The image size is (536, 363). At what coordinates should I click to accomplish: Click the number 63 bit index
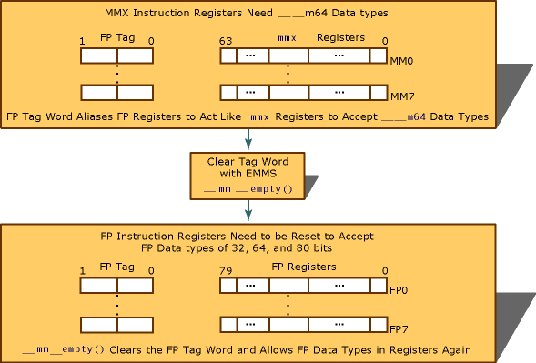click(227, 41)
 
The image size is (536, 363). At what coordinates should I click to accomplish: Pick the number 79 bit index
click(227, 268)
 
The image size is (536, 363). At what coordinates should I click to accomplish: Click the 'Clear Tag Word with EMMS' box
click(247, 176)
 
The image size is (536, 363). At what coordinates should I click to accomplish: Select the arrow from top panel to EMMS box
click(247, 138)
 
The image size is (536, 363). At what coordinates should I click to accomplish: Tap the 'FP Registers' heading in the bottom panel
click(305, 267)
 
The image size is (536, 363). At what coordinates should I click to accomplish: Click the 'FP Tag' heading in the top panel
click(116, 40)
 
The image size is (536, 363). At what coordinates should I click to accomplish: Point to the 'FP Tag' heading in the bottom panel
click(116, 267)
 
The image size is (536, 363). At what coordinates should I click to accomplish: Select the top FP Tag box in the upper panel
click(116, 55)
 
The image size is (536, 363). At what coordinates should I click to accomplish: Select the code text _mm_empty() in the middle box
click(247, 189)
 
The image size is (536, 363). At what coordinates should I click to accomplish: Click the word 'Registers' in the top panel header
click(340, 40)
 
